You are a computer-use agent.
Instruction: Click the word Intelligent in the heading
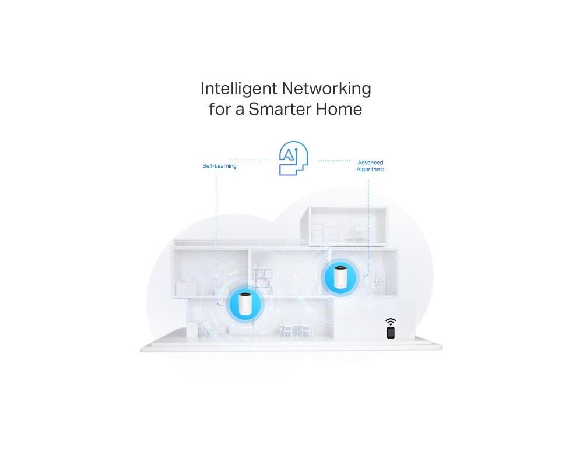(x=238, y=89)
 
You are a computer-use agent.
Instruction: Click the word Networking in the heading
(x=326, y=89)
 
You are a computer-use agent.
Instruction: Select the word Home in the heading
(x=340, y=109)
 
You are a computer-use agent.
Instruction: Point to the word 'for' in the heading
(x=220, y=109)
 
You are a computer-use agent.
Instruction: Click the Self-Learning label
(x=219, y=166)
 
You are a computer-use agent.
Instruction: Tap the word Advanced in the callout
(x=370, y=163)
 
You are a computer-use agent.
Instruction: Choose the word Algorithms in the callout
(x=370, y=170)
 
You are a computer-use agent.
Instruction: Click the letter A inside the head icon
(x=289, y=154)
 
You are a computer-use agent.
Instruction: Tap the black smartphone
(x=391, y=333)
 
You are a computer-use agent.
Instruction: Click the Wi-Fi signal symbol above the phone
(x=391, y=322)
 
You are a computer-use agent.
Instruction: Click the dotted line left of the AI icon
(x=249, y=159)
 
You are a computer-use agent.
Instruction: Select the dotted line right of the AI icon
(x=334, y=161)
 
